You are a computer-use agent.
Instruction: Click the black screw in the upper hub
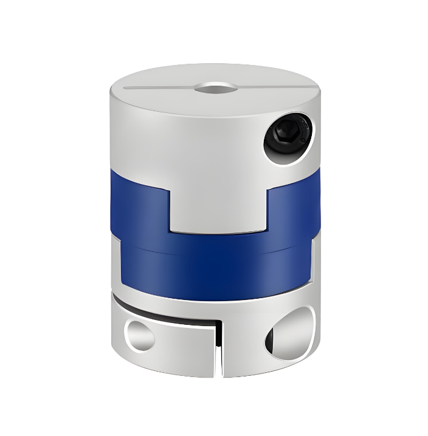(x=288, y=138)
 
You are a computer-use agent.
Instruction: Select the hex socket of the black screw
(x=286, y=137)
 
